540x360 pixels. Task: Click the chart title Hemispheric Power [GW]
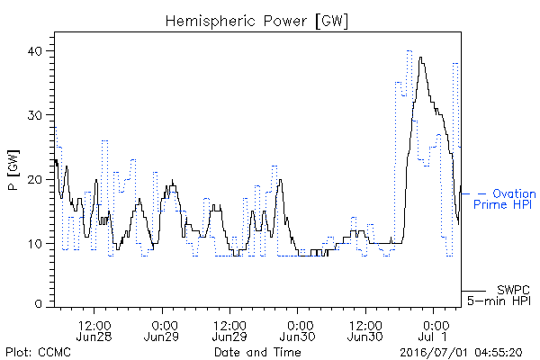pos(256,22)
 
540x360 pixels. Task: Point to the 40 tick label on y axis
pos(35,51)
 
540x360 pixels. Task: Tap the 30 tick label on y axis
pos(35,115)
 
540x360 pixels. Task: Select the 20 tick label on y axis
pos(35,179)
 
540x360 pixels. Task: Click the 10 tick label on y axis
pos(35,244)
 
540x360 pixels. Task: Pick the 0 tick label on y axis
pos(39,303)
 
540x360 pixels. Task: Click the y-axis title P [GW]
pos(14,170)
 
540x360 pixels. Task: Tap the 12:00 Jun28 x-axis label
pos(94,330)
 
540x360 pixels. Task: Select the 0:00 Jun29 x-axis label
pos(161,330)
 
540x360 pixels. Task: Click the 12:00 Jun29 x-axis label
pos(229,330)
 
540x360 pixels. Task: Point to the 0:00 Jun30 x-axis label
pos(297,330)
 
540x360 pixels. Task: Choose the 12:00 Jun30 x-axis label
pos(365,330)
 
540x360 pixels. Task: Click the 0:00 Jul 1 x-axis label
pos(433,330)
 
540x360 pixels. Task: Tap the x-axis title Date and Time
pos(257,352)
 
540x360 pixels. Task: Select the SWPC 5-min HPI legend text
pos(499,295)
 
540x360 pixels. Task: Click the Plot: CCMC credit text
pos(38,352)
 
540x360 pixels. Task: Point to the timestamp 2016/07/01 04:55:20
pos(461,353)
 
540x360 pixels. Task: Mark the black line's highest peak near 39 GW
pos(420,58)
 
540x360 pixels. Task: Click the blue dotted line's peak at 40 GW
pos(409,51)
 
